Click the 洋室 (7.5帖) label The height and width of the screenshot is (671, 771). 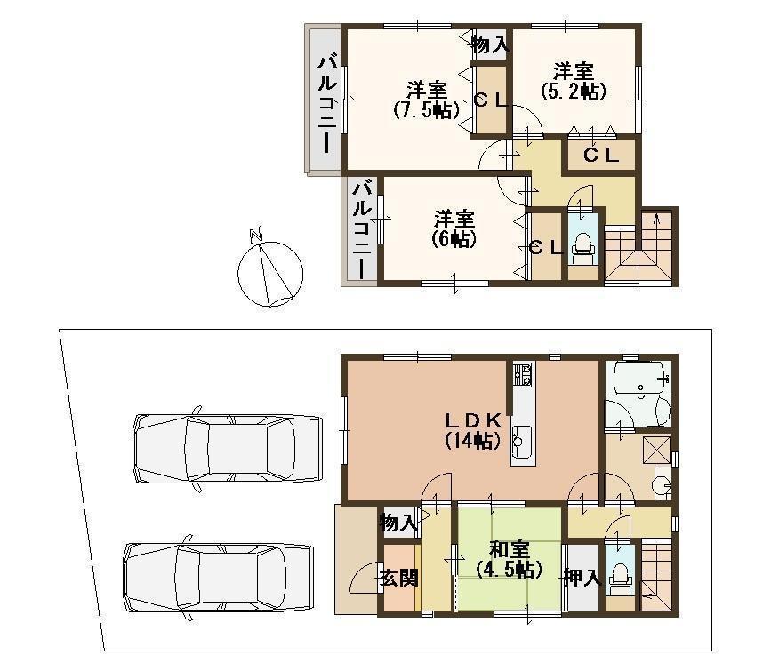pos(426,100)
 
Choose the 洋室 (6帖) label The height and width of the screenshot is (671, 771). pos(454,228)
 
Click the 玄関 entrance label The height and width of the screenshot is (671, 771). pos(399,579)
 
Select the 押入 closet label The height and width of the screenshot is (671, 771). pos(582,579)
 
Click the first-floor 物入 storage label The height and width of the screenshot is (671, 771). pos(398,523)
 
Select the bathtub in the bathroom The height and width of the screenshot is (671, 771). pos(638,380)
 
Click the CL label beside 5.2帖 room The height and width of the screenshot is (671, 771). pos(601,155)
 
